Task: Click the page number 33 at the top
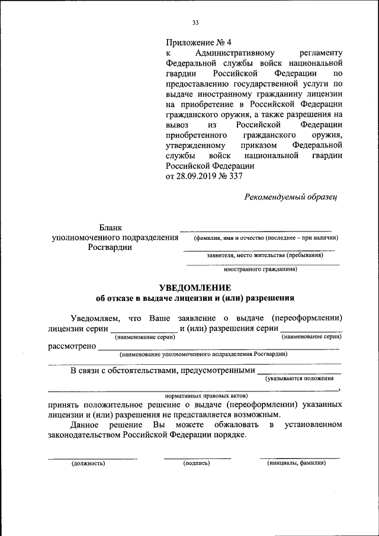195,23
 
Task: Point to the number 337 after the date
236,176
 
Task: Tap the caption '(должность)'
88,463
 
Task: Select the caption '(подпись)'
197,463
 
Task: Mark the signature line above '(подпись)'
197,458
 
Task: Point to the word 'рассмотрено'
71,346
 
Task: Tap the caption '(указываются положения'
304,377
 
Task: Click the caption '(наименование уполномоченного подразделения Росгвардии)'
203,355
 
